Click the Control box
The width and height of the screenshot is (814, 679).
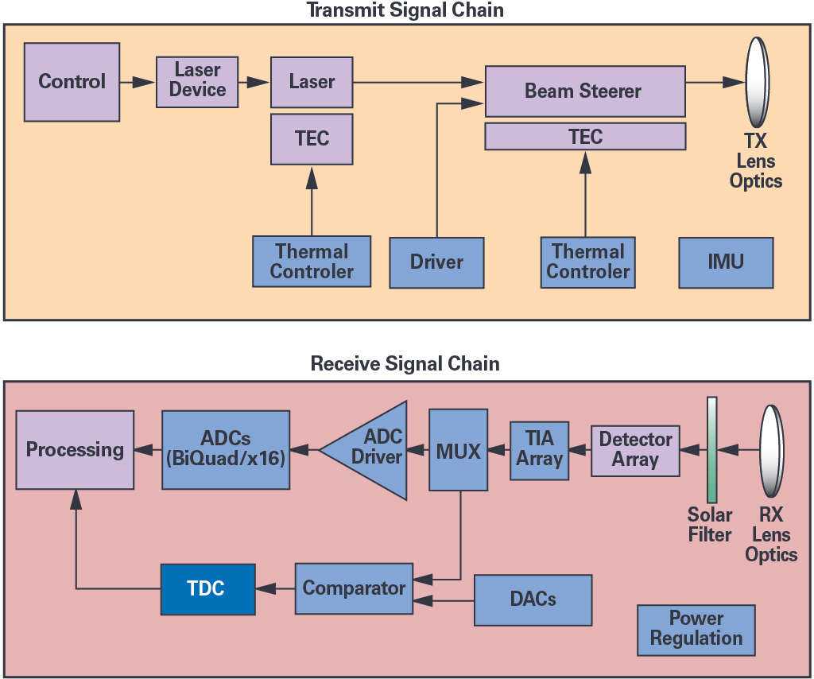[x=72, y=82]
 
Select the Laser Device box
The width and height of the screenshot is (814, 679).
[x=197, y=81]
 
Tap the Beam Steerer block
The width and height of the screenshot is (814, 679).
[x=584, y=91]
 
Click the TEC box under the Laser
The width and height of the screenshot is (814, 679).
[x=312, y=138]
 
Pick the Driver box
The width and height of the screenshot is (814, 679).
[x=436, y=262]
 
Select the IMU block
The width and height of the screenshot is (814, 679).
[x=726, y=262]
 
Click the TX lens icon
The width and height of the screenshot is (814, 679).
[x=757, y=82]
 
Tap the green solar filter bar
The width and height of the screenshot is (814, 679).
[x=712, y=450]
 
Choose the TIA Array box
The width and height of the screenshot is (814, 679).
[x=539, y=450]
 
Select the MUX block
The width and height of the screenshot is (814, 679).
[x=459, y=450]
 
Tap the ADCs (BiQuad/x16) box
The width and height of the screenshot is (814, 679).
[x=226, y=450]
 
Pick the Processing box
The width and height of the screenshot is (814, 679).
[x=75, y=450]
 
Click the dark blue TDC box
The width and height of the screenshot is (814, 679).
[x=207, y=589]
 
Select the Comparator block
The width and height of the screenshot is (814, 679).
[x=354, y=589]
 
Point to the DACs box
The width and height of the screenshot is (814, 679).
[x=533, y=599]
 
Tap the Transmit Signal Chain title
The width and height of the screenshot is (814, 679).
[x=405, y=11]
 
